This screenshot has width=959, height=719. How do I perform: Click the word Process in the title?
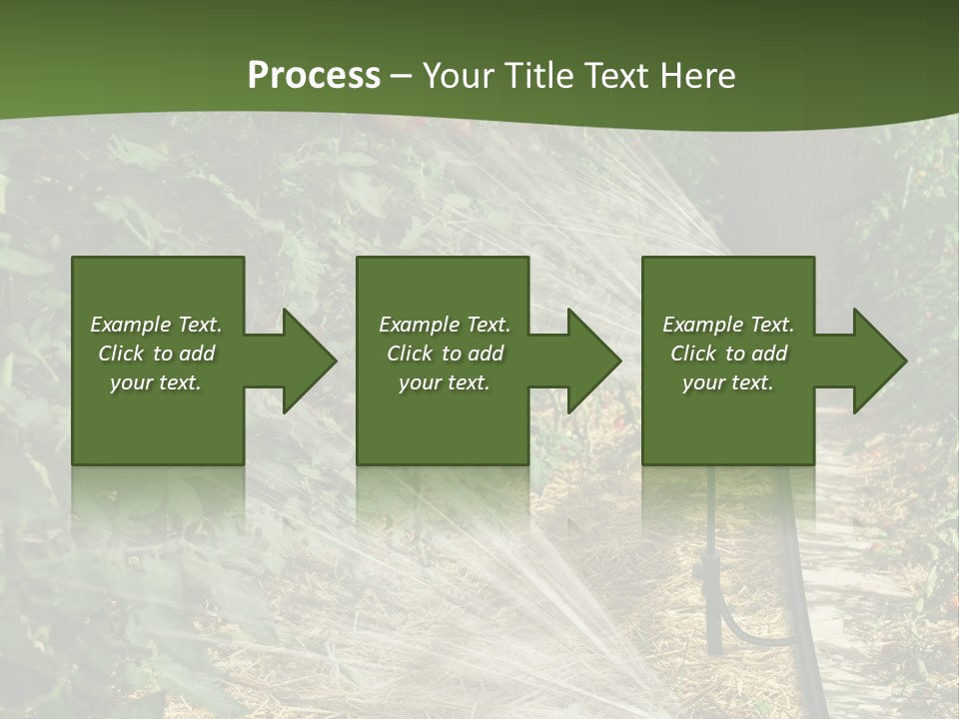(314, 76)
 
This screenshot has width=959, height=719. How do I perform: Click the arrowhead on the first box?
(305, 360)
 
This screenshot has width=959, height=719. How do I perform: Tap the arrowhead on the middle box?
(590, 360)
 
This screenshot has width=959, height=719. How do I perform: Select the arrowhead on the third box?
(876, 360)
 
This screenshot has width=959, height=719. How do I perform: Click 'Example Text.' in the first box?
(156, 325)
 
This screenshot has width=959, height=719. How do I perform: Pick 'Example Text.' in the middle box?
(445, 325)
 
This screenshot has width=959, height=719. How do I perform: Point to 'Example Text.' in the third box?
(728, 325)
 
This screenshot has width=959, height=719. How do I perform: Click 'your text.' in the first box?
(156, 382)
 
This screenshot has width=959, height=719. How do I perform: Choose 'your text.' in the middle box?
(445, 382)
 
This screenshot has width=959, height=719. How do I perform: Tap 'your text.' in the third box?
(728, 382)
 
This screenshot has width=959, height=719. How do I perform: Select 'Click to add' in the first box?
(156, 354)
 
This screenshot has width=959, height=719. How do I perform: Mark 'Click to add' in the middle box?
(445, 354)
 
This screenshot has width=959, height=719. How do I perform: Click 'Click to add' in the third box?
(728, 354)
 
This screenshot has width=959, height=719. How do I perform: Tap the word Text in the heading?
(616, 76)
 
